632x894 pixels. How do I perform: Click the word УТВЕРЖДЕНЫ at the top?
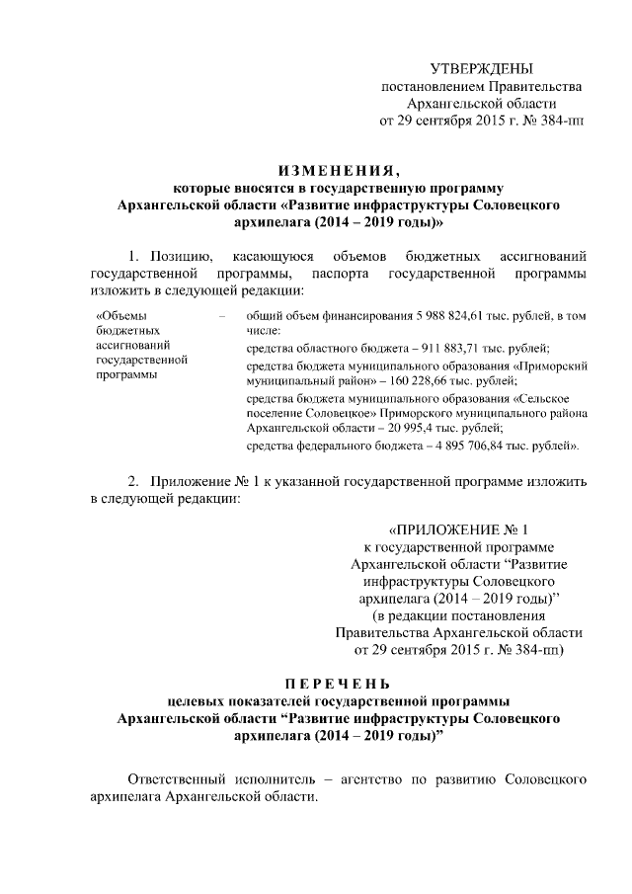(481, 68)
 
